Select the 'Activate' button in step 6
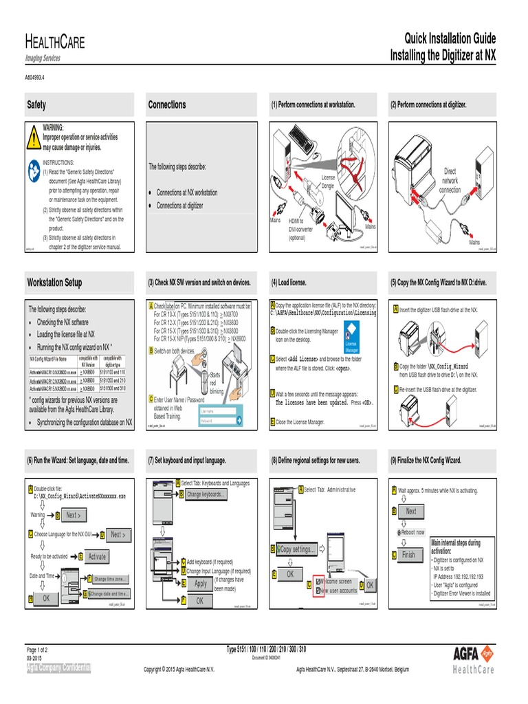pos(97,557)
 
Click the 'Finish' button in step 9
pos(409,555)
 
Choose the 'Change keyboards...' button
pos(206,494)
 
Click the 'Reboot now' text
pos(412,532)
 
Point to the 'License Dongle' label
pos(328,181)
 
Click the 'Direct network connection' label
pos(450,180)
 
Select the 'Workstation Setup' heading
pos(54,283)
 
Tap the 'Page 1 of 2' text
pos(41,650)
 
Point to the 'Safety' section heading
pos(36,104)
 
